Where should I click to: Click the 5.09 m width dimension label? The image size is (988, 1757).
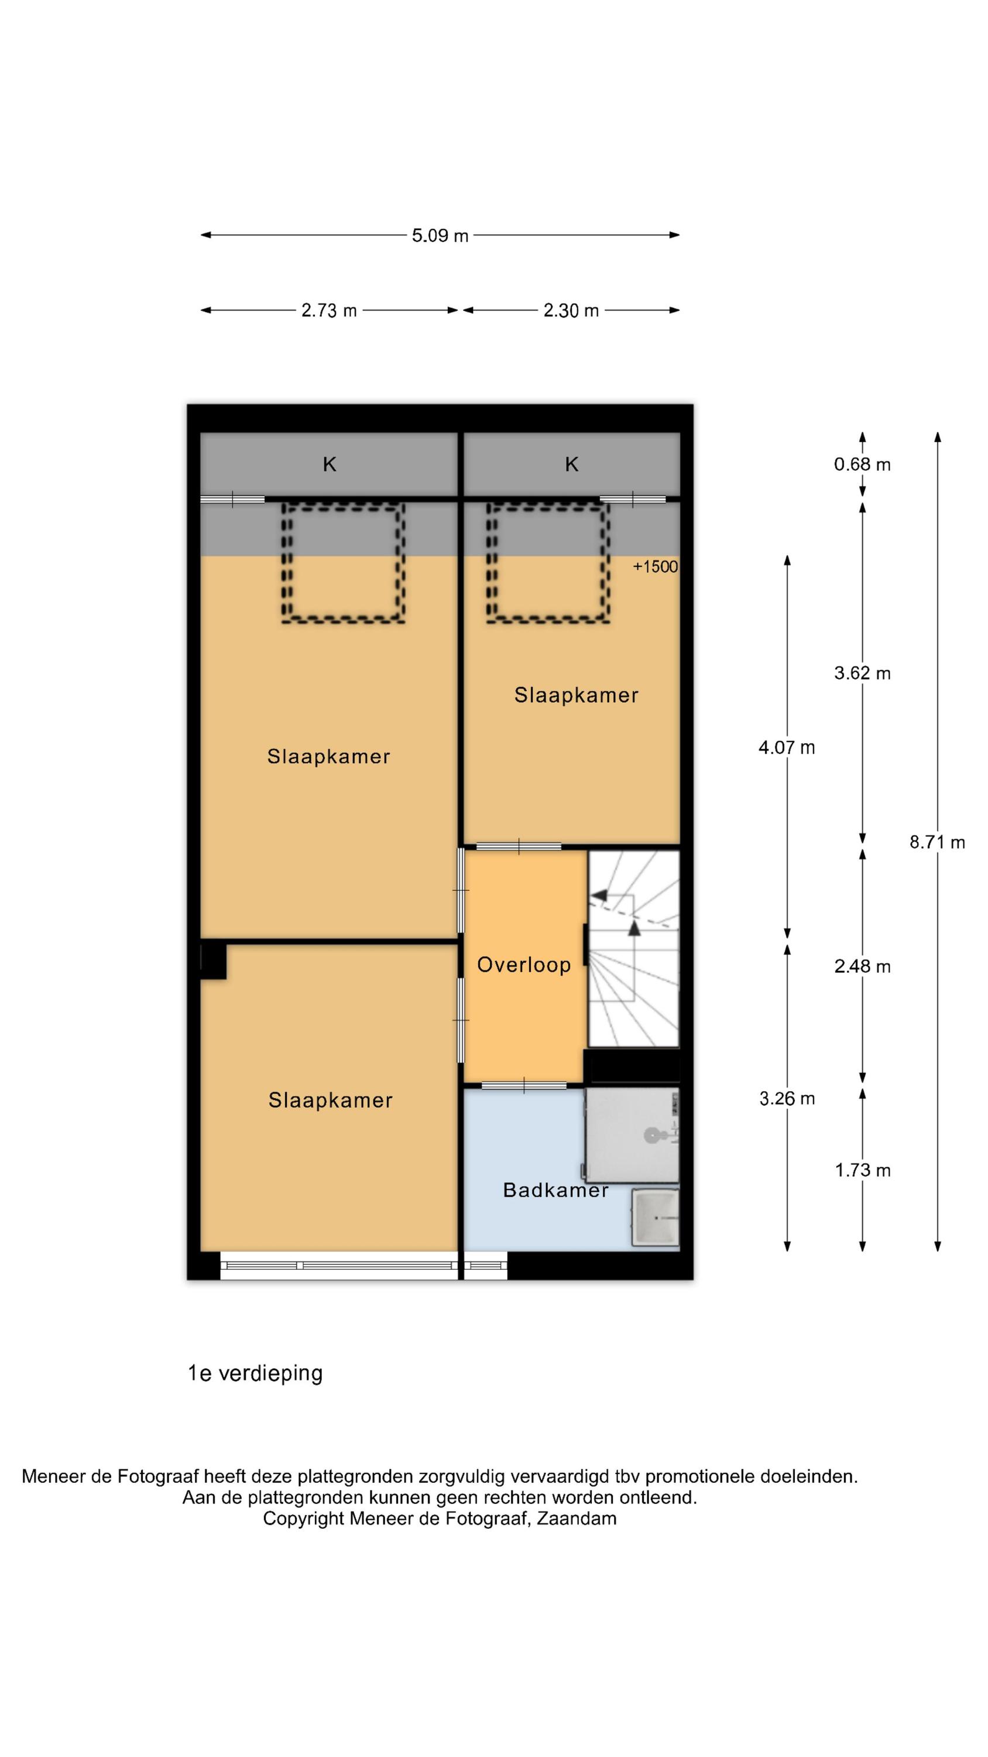point(440,235)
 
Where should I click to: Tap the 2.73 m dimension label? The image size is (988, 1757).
point(330,310)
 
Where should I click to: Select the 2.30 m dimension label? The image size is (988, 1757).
point(571,310)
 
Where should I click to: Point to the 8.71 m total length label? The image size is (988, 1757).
point(937,842)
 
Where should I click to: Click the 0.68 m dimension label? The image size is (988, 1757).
point(862,464)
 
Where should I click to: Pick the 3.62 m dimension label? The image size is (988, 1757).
point(862,673)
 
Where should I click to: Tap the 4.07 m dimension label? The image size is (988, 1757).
point(787,747)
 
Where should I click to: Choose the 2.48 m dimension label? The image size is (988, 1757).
point(862,966)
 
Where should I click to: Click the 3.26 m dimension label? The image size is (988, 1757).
point(787,1098)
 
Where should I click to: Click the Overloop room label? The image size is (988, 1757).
point(524,965)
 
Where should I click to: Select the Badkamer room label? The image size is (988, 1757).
point(555,1190)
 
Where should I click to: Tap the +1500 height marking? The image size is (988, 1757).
point(656,567)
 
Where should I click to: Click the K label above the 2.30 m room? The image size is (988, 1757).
point(571,464)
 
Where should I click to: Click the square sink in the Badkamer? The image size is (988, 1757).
point(656,1219)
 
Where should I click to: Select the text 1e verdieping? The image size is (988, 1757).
point(255,1373)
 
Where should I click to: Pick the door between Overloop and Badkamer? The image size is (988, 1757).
point(524,1085)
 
